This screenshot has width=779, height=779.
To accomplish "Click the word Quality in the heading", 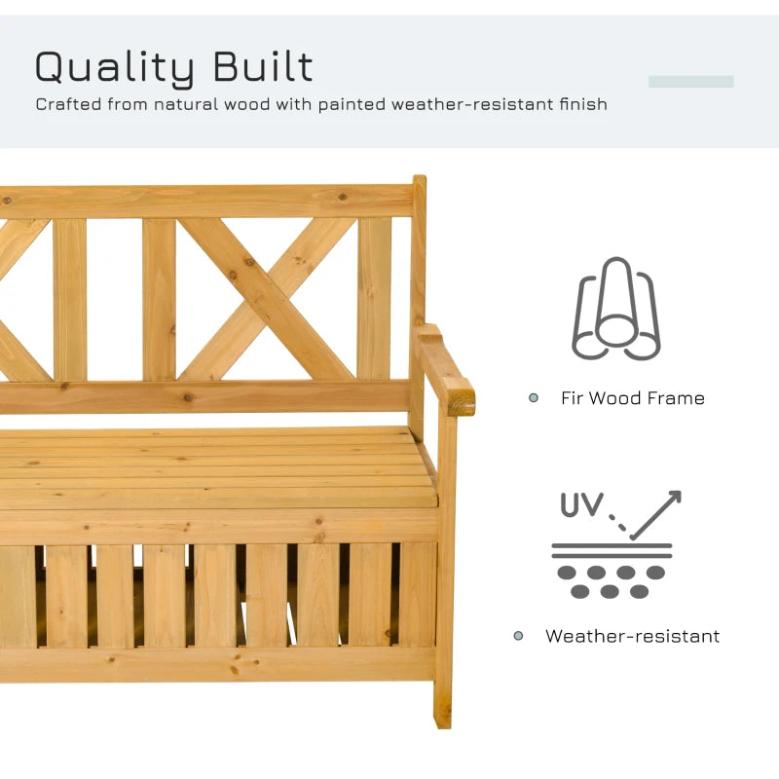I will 114,67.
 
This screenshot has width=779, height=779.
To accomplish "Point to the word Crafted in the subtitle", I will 68,104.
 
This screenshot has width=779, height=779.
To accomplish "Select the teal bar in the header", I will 690,82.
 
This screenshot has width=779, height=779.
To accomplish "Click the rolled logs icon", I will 616,309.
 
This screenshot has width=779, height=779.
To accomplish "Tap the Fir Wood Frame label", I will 632,398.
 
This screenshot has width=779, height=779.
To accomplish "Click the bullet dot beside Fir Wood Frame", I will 533,397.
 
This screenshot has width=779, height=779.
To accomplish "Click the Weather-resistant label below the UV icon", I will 632,636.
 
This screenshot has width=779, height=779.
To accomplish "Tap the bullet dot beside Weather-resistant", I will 518,636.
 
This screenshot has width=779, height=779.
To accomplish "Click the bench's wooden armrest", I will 445,369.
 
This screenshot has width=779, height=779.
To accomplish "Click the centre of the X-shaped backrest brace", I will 266,298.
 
